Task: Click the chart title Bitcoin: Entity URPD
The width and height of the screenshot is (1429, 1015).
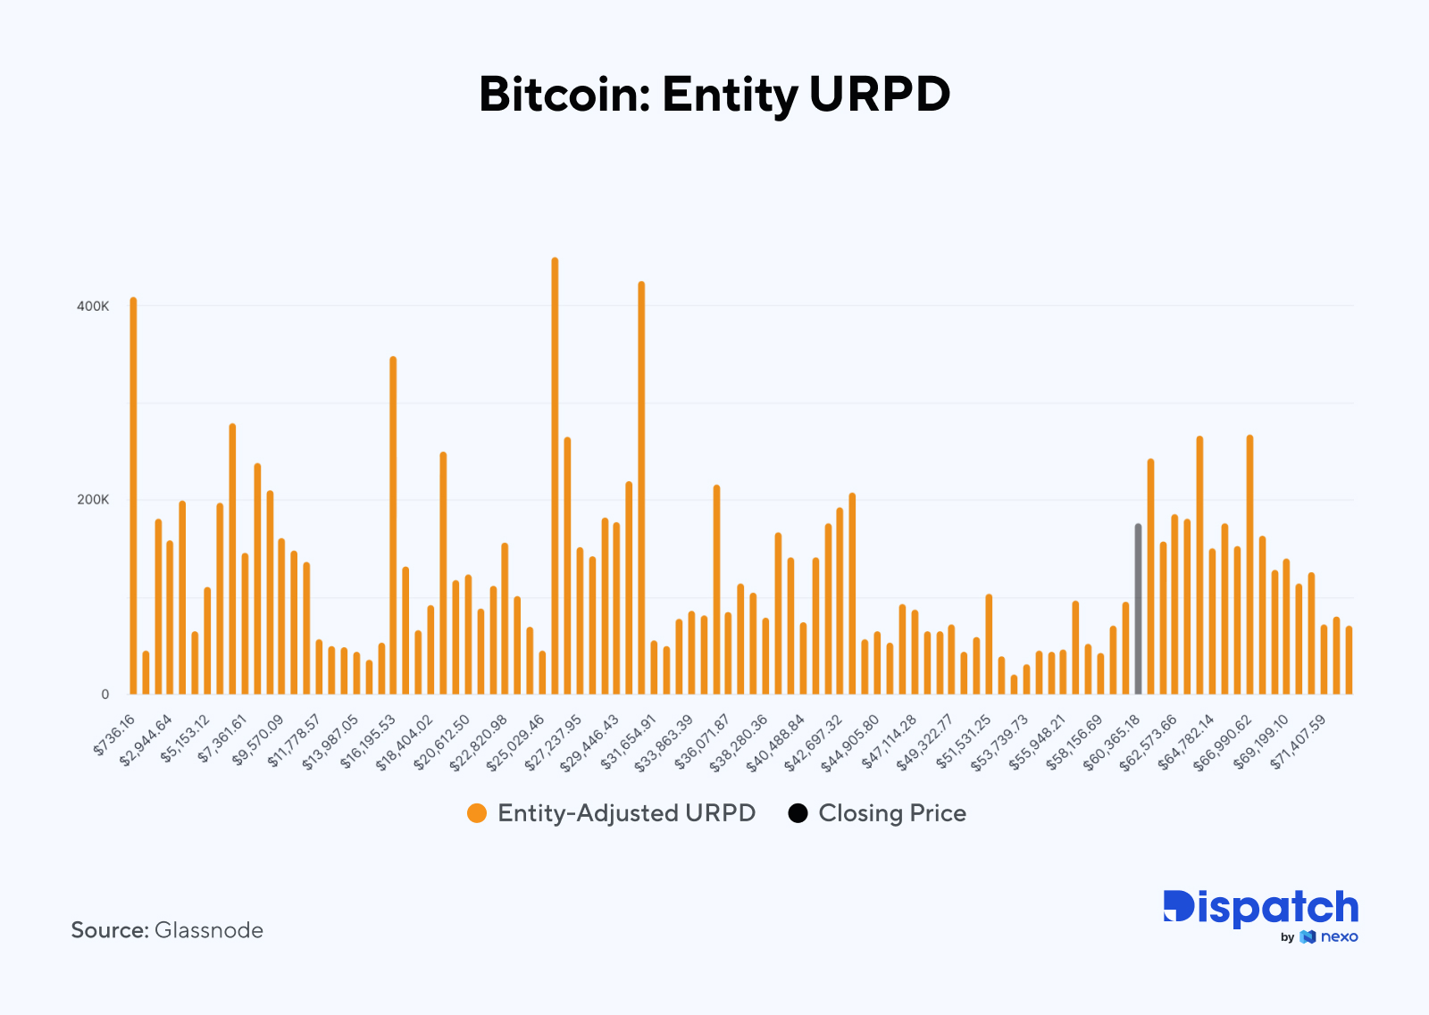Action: tap(714, 95)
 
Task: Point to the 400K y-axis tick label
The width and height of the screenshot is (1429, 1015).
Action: tap(93, 306)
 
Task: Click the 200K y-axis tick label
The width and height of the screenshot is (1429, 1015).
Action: tap(93, 500)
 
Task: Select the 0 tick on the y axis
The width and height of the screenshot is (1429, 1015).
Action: tap(104, 695)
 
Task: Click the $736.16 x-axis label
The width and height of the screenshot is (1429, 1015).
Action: tap(115, 734)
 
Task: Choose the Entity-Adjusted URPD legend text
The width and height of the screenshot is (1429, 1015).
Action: tap(626, 813)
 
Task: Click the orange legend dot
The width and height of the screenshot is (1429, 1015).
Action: tap(477, 813)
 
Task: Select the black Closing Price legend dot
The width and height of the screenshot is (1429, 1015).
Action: tap(798, 813)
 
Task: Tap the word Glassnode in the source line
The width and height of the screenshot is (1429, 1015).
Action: tap(209, 930)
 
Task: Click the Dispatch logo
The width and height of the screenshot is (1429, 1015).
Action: tap(1260, 908)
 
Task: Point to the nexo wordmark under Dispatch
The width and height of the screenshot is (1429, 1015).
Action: tap(1339, 936)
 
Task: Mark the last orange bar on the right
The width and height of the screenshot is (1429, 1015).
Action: tap(1349, 661)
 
